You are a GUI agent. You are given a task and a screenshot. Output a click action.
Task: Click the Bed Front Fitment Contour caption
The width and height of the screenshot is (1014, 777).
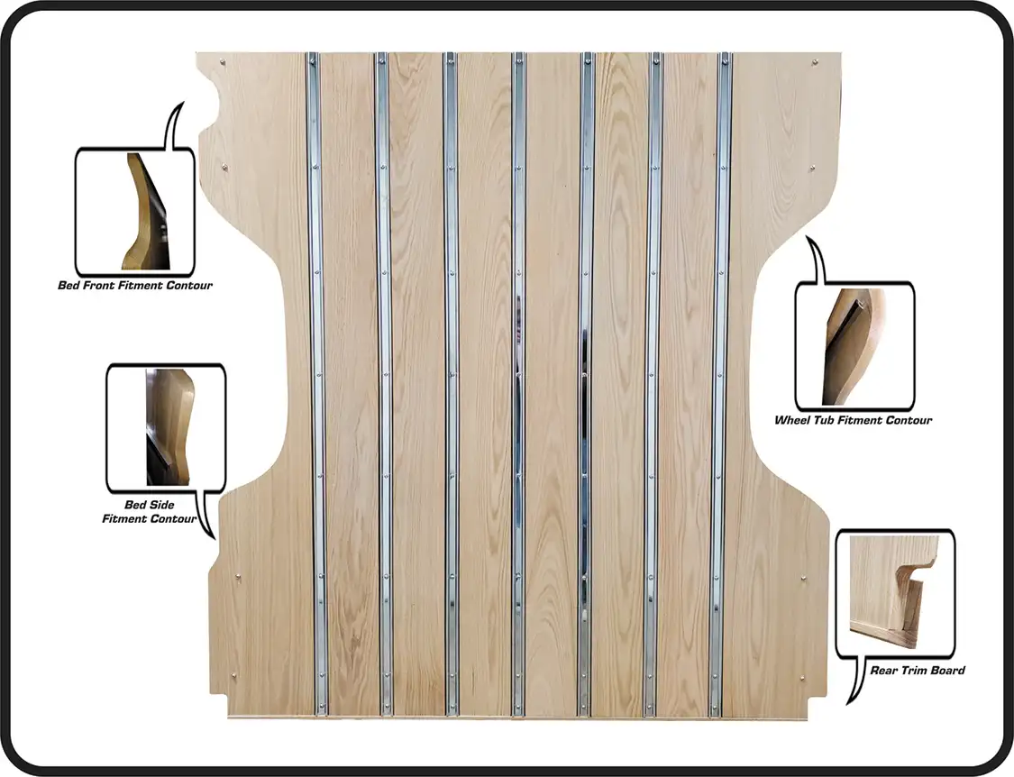point(134,286)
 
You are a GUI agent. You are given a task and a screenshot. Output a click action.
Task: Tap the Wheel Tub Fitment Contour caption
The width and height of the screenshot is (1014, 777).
point(853,420)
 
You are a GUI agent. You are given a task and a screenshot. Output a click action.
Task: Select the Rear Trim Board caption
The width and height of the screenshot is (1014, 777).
point(917,671)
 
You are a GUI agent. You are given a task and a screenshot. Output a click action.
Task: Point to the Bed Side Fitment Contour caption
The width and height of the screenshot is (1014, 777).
point(150,512)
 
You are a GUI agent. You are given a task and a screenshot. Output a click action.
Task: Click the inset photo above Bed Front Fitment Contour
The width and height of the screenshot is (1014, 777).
point(144,212)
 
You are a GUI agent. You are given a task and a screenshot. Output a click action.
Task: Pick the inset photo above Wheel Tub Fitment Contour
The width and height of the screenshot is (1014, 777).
point(853,346)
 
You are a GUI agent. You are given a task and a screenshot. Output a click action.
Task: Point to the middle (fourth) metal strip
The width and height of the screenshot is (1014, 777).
point(518,384)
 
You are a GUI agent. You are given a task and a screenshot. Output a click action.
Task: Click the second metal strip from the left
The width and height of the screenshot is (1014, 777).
point(384,384)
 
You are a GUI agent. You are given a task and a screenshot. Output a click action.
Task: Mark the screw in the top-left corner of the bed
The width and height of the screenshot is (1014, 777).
point(224,63)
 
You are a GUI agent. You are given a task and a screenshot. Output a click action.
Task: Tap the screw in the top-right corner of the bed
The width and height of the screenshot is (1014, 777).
point(814,63)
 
